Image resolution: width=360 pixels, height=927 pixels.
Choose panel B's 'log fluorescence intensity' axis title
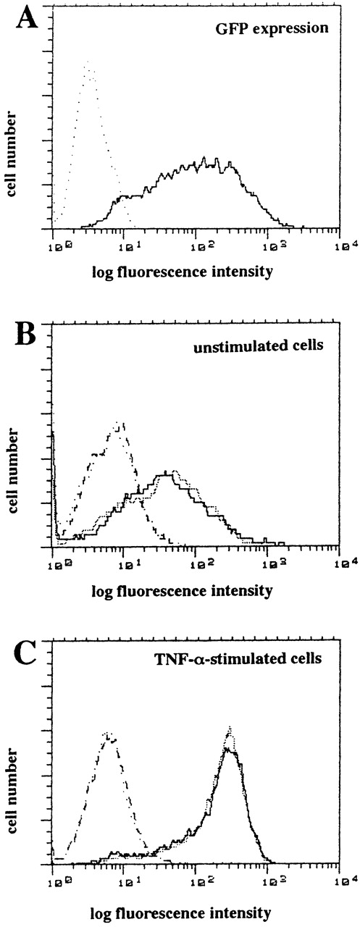pos(182,590)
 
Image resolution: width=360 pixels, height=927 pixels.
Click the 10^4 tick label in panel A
pos(339,246)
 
